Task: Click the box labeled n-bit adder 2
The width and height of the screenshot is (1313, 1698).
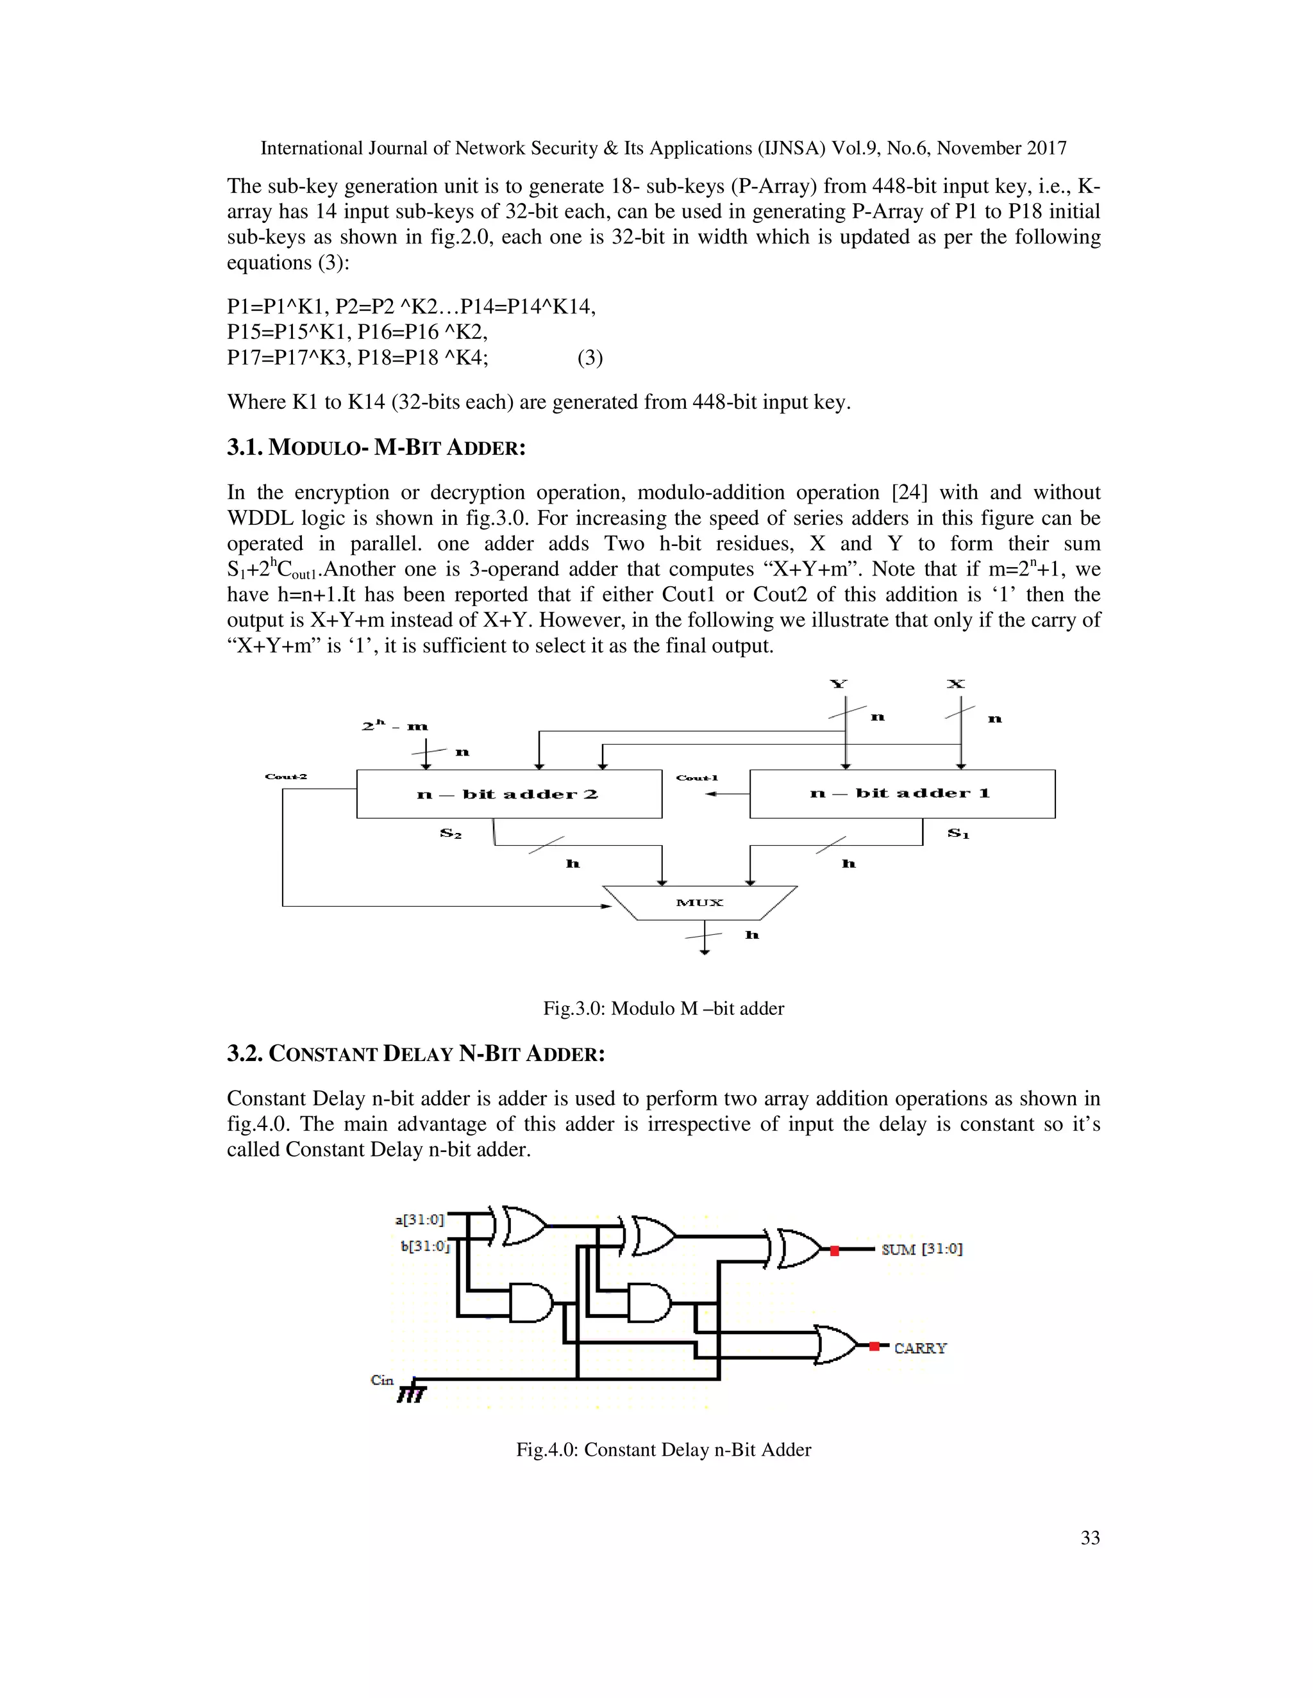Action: tap(508, 794)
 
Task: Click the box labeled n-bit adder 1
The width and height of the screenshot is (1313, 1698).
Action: tap(901, 794)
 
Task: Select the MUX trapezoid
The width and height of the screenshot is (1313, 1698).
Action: tap(700, 903)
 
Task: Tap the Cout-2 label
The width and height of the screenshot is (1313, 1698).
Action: tap(285, 777)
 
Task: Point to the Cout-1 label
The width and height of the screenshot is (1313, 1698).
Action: tap(696, 777)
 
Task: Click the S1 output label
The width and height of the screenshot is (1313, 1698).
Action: tap(958, 834)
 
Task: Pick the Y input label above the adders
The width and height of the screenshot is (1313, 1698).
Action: tap(838, 684)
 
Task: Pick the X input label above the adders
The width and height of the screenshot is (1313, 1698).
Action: tap(955, 684)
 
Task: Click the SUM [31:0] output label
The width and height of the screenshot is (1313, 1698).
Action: tap(922, 1249)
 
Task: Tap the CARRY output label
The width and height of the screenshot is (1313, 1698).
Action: tap(920, 1348)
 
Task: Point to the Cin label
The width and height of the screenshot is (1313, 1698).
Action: tap(382, 1380)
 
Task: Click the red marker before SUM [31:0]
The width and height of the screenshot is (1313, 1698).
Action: tap(835, 1251)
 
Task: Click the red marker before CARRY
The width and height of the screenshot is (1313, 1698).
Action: tap(874, 1347)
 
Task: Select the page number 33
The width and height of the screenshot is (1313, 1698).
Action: tap(1090, 1537)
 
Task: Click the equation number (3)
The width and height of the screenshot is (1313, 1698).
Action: tap(590, 358)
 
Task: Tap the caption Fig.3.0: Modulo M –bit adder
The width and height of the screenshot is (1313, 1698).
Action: tap(664, 1009)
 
